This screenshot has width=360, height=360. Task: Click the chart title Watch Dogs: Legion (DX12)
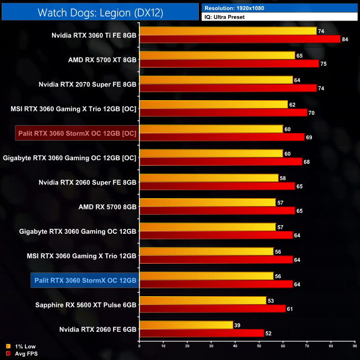pyautogui.click(x=100, y=12)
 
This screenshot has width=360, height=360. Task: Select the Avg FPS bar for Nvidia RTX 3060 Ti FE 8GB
pyautogui.click(x=239, y=39)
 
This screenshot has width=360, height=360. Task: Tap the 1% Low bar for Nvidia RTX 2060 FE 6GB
pyautogui.click(x=186, y=325)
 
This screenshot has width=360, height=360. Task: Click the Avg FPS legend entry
pyautogui.click(x=22, y=353)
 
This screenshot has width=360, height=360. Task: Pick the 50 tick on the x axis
pyautogui.click(x=259, y=347)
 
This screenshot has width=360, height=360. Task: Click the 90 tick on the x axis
pyautogui.click(x=354, y=347)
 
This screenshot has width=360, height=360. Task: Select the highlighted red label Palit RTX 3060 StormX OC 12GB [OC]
pyautogui.click(x=76, y=133)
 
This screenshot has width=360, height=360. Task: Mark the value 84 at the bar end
pyautogui.click(x=344, y=39)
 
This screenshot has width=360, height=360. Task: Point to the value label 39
pyautogui.click(x=237, y=325)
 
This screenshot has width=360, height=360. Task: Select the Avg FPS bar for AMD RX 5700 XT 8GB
pyautogui.click(x=229, y=64)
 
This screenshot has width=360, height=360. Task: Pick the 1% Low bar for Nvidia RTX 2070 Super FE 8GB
pyautogui.click(x=216, y=80)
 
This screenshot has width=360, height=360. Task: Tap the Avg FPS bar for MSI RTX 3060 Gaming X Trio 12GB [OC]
pyautogui.click(x=223, y=112)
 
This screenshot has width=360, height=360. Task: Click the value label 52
pyautogui.click(x=268, y=333)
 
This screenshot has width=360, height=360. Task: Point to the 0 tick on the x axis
pyautogui.click(x=139, y=347)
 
